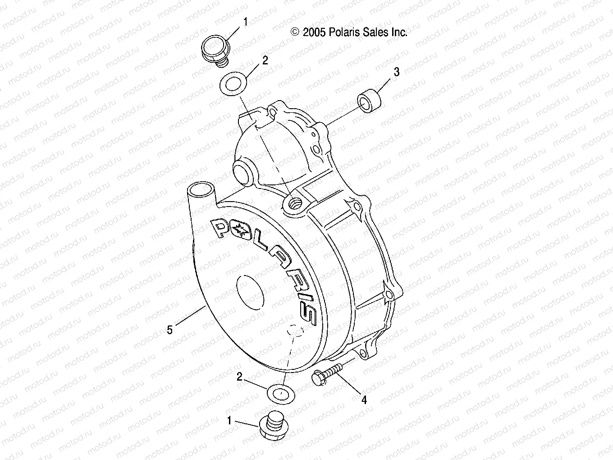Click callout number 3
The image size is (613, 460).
pyautogui.click(x=396, y=72)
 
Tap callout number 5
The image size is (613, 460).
pyautogui.click(x=170, y=330)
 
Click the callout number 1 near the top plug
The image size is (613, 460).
pyautogui.click(x=245, y=21)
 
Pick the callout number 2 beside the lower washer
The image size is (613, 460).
pyautogui.click(x=239, y=377)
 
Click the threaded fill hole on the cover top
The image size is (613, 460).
pyautogui.click(x=295, y=204)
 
